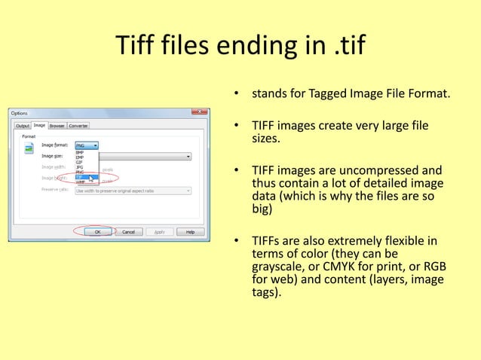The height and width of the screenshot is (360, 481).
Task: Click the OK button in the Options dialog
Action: coord(97,232)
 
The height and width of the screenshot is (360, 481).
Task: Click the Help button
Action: coord(190,232)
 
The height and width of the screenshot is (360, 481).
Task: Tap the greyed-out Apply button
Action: coord(159,232)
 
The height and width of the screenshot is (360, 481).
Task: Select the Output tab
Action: coord(23,126)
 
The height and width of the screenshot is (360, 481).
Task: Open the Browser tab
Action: coord(57,126)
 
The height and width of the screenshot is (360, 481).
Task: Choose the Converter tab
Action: coord(78,126)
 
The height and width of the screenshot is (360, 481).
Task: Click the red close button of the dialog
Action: coord(200,113)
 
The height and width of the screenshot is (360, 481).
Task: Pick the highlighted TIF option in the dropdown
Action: coord(79,178)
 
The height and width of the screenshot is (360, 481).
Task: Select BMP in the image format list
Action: coord(79,153)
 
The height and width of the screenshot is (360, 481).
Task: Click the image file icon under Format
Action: coord(29,148)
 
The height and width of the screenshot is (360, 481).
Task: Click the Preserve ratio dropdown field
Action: coord(132,191)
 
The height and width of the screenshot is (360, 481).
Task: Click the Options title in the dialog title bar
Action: coord(20,113)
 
